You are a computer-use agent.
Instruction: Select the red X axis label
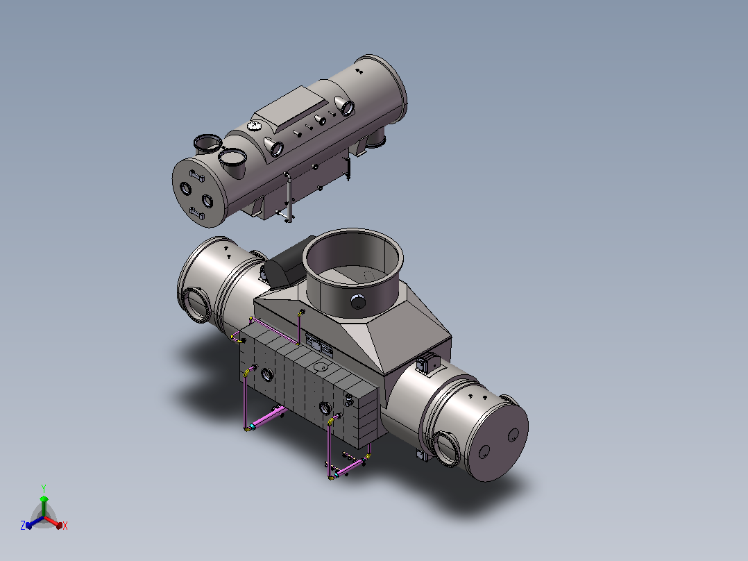(x=65, y=526)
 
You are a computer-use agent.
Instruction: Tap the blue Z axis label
(x=22, y=525)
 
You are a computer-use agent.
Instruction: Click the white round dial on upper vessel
(x=254, y=126)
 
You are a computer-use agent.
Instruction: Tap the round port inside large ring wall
(x=358, y=302)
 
